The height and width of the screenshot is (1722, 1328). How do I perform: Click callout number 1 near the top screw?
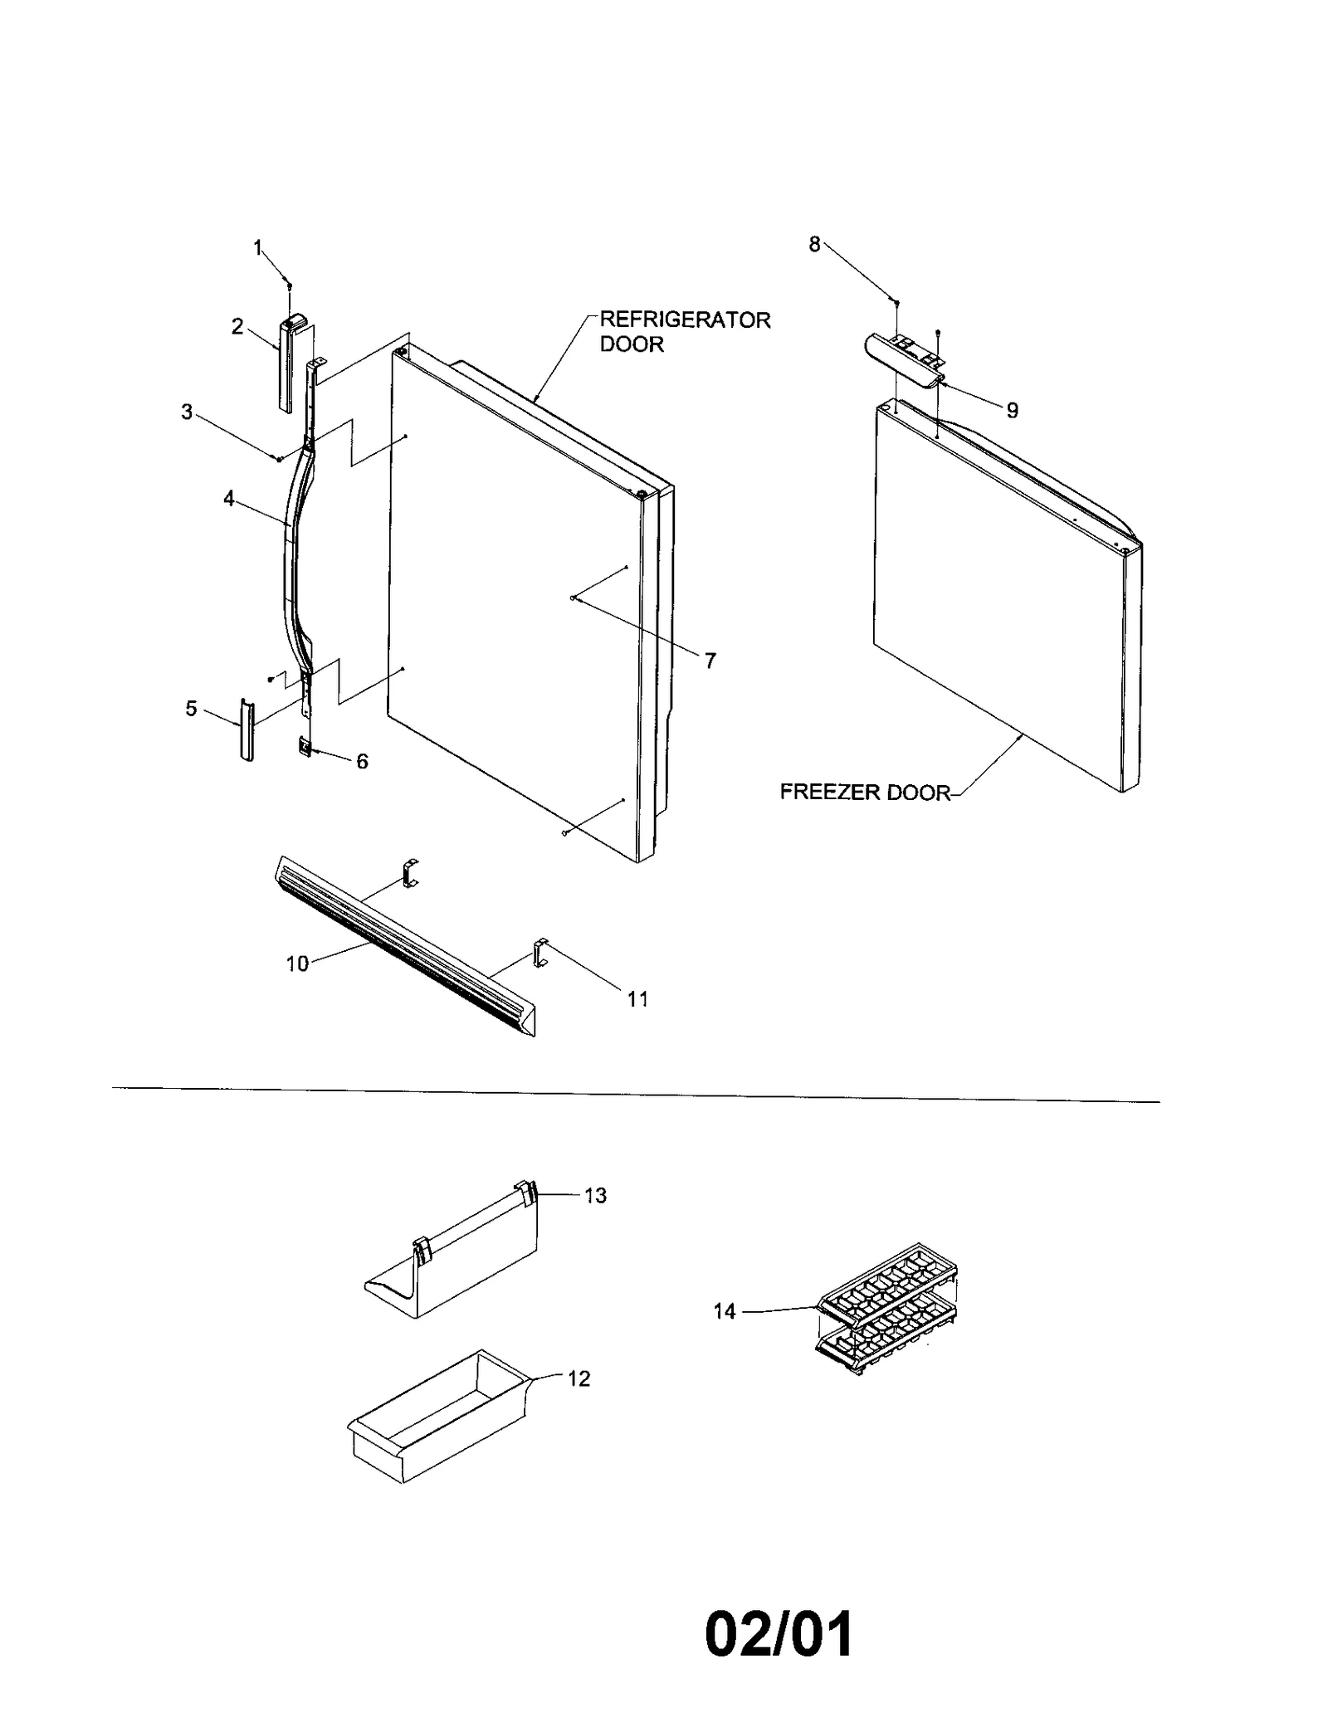(257, 246)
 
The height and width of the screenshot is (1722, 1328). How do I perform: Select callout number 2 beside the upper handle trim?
(237, 326)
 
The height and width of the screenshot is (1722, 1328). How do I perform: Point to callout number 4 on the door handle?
(228, 499)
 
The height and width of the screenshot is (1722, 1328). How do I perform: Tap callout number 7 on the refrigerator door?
(710, 661)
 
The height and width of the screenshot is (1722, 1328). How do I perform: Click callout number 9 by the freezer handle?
(1012, 410)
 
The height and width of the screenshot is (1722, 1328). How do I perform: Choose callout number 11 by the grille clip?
(637, 999)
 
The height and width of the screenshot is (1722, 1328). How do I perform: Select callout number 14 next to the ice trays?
(725, 1312)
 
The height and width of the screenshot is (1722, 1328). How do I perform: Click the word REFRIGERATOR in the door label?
(685, 320)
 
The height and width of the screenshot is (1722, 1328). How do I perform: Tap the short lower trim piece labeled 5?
(246, 729)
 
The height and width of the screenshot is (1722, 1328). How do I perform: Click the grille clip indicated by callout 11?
(541, 953)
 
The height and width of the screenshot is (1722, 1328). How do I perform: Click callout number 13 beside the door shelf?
(595, 1196)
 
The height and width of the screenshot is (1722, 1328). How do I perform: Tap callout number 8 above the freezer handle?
(814, 244)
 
